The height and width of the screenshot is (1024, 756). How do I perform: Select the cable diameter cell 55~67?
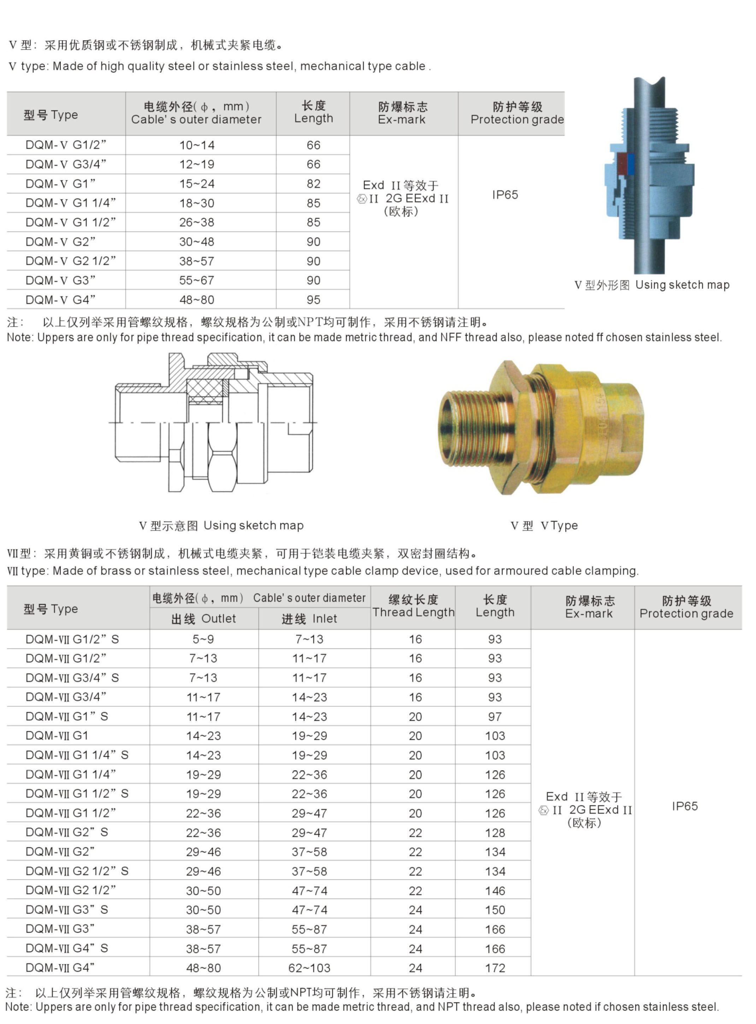pyautogui.click(x=197, y=280)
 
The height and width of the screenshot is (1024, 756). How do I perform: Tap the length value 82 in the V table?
pyautogui.click(x=313, y=184)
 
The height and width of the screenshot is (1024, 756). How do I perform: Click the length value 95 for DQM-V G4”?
pyautogui.click(x=313, y=300)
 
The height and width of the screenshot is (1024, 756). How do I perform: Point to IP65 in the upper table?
pyautogui.click(x=505, y=195)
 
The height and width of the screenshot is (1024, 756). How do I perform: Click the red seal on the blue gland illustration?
pyautogui.click(x=621, y=164)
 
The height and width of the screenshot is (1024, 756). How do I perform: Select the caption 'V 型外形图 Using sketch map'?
pyautogui.click(x=652, y=285)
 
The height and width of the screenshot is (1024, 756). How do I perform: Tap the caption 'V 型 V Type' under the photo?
pyautogui.click(x=544, y=525)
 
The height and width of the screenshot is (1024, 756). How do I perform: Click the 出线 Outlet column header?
pyautogui.click(x=203, y=619)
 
